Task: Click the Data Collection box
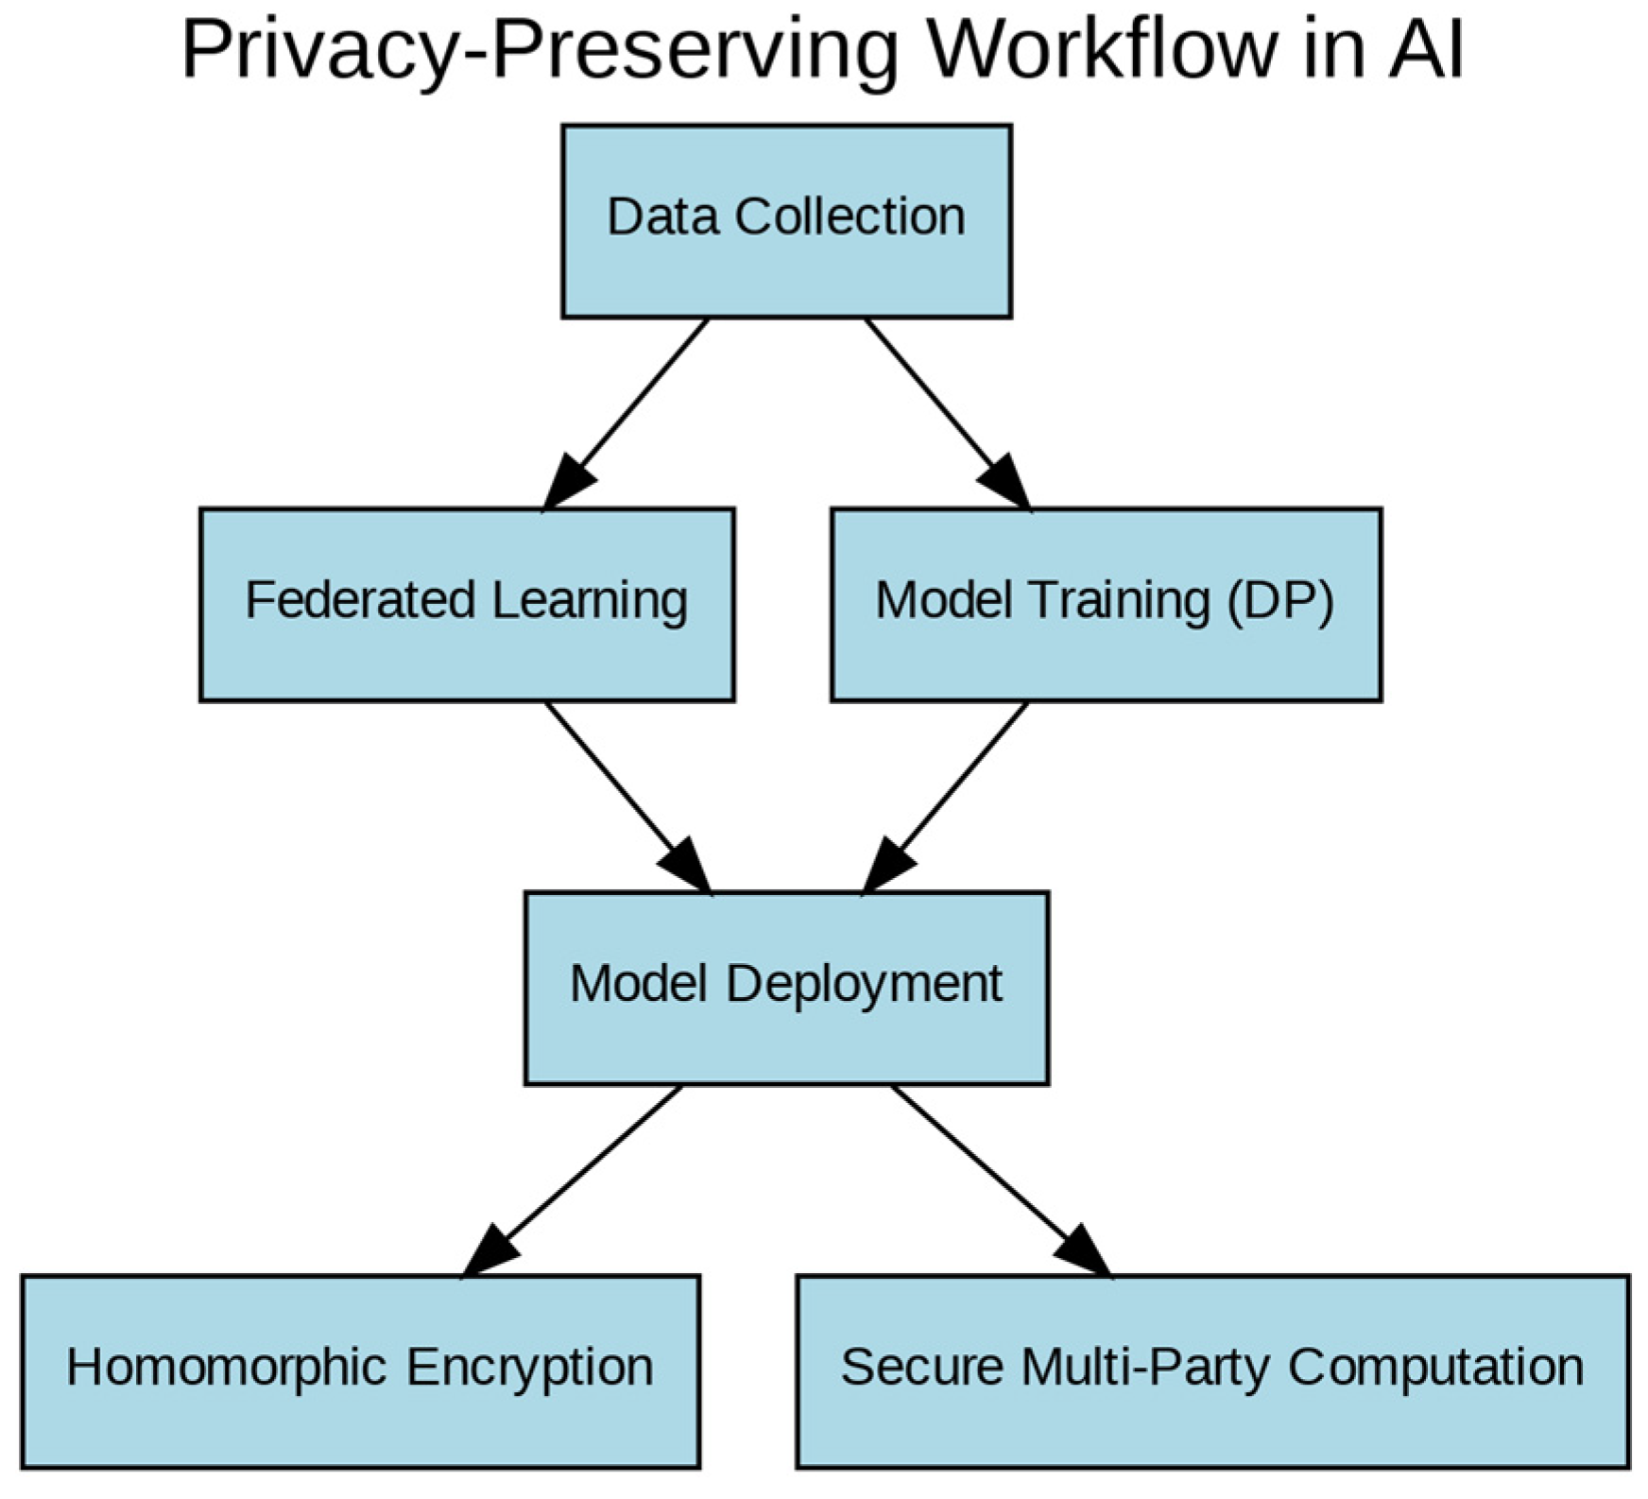(786, 221)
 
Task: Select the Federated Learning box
(467, 605)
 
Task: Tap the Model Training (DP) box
(1106, 605)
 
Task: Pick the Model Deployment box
(786, 988)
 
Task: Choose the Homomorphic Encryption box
(360, 1370)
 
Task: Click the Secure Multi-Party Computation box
(1212, 1370)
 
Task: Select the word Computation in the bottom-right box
(1435, 1368)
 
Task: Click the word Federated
(360, 601)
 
